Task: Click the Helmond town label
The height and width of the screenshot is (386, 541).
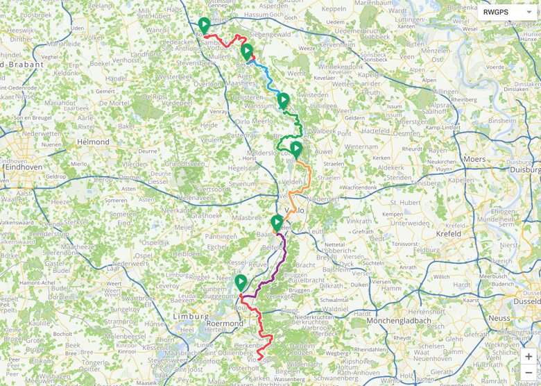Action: pos(94,142)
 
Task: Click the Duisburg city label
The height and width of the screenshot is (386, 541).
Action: pos(525,169)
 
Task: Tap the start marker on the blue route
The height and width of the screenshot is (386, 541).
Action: pos(246,51)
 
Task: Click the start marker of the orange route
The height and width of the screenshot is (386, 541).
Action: pos(296,149)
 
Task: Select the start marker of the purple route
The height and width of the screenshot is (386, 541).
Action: pos(277,223)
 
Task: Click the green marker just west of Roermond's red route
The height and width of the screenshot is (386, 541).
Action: pos(241,283)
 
